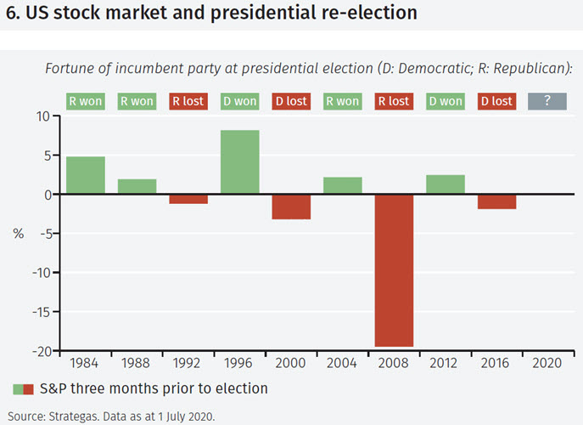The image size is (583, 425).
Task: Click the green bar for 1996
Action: click(x=240, y=162)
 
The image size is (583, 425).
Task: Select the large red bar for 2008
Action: click(x=394, y=270)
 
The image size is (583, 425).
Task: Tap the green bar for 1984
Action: click(x=86, y=176)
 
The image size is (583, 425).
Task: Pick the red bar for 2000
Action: click(x=291, y=207)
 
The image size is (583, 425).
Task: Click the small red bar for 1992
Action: click(x=188, y=199)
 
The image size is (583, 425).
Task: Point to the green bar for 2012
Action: click(x=446, y=184)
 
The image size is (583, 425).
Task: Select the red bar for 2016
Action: click(x=496, y=201)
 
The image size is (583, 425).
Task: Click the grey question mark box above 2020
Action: click(x=547, y=101)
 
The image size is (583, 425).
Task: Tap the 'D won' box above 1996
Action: click(x=240, y=101)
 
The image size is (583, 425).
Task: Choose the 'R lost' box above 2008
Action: click(x=394, y=101)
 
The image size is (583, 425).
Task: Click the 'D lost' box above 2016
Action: click(x=496, y=101)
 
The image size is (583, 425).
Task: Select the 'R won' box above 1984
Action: click(x=86, y=101)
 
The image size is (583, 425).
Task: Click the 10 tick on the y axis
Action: click(x=43, y=116)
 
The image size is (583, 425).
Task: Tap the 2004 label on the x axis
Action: click(x=343, y=364)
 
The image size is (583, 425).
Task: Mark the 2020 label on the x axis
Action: click(x=547, y=364)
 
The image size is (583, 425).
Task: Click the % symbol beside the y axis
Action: click(x=18, y=234)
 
